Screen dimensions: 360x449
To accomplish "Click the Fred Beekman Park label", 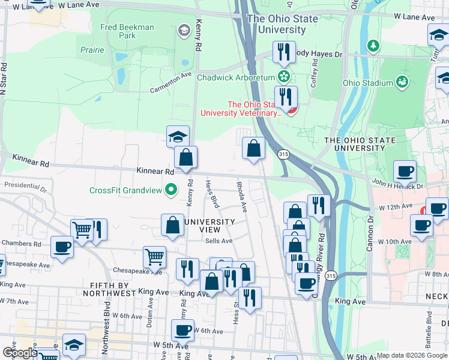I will pos(127,31).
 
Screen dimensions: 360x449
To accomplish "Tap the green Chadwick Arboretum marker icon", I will pos(283,77).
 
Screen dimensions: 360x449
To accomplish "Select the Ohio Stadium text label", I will pos(367,83).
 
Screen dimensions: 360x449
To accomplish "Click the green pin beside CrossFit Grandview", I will pos(171,190).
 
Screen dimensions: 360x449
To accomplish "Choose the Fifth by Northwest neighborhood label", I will pos(106,289).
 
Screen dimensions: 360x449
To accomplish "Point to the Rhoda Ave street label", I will pos(241,197).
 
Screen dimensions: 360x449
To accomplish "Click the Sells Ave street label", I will pos(218,241).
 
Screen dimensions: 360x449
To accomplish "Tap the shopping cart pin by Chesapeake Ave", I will pos(154,257).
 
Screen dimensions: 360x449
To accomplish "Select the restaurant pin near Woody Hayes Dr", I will pos(283,52).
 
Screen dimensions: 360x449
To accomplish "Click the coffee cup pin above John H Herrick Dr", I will pos(405,171).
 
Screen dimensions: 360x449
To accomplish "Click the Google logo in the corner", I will pos(20,353).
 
